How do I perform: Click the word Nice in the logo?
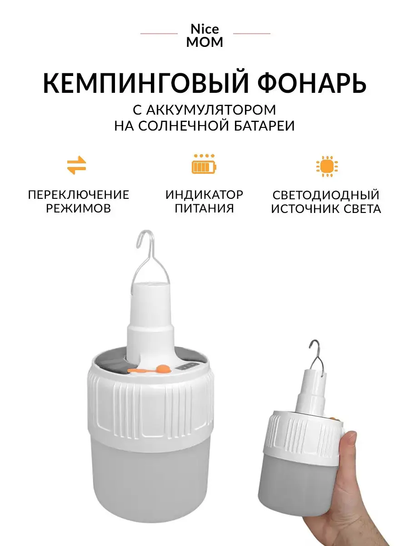coord(204,29)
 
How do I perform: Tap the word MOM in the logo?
coord(204,42)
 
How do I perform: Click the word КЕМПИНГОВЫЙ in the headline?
coord(145,82)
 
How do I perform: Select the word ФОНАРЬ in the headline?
coord(312,82)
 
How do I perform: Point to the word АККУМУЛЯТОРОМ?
coord(211,110)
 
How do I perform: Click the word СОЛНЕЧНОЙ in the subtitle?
coord(183,126)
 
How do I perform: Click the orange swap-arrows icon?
coord(76,165)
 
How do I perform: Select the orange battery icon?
coord(204,164)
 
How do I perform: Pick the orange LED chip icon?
coord(327,166)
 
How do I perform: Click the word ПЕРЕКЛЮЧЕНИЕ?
coord(79,195)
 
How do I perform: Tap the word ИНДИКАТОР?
coord(204,195)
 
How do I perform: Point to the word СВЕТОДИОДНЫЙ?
coord(326,195)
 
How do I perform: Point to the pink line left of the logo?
coord(159,33)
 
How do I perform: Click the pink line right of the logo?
coord(252,33)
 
